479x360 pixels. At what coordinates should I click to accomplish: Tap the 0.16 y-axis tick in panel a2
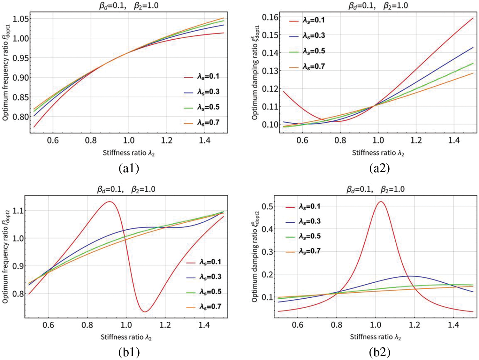tap(270, 17)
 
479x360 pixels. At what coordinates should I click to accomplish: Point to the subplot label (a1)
tap(129, 168)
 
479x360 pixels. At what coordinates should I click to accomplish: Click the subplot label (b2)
tap(379, 352)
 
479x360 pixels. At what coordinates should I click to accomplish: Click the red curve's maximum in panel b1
tap(110, 202)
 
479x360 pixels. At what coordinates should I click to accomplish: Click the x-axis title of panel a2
tap(378, 153)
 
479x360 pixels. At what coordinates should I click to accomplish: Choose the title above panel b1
tap(126, 189)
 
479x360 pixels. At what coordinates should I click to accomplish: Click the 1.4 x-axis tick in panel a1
tap(204, 141)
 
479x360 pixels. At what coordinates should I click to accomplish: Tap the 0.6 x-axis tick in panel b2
tap(298, 325)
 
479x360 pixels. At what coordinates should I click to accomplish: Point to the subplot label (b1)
tap(129, 352)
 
